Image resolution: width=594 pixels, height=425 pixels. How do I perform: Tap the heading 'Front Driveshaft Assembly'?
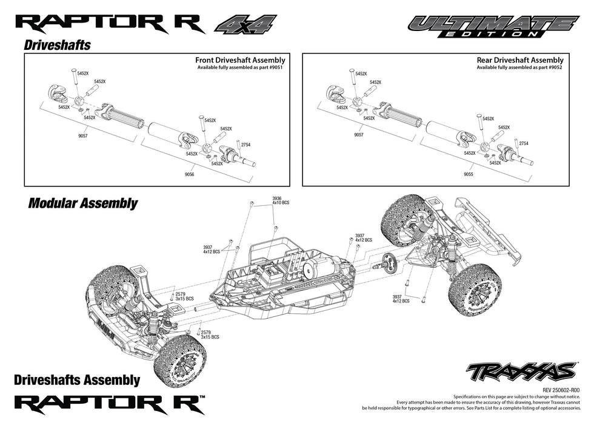[240, 60]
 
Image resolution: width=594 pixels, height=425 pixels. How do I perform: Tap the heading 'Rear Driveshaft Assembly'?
[520, 60]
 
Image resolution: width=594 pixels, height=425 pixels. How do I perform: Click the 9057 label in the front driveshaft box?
[82, 137]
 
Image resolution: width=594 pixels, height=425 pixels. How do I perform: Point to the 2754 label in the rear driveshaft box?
[524, 144]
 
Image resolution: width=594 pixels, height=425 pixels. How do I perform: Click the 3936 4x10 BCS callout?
[278, 201]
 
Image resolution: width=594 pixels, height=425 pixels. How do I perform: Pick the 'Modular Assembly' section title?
[83, 203]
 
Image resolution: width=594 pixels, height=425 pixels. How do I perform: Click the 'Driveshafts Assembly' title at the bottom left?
[76, 381]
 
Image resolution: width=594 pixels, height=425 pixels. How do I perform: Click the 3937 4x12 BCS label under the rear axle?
[401, 298]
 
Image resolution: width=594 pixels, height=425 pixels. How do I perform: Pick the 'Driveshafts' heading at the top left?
[58, 46]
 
